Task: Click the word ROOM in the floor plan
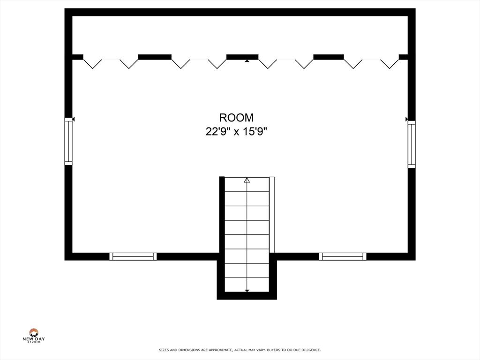point(236,118)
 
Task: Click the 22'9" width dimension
point(218,132)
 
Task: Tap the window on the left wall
point(68,141)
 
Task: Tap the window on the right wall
point(412,144)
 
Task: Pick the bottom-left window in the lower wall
point(133,256)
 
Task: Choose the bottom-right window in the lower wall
point(343,256)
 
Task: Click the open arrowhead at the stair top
point(247,180)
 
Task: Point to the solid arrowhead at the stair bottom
point(247,291)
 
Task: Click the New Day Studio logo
point(34,336)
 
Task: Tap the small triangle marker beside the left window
point(74,119)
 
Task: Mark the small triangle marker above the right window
point(406,119)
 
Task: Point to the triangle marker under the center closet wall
point(247,61)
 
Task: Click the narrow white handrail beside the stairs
point(272,215)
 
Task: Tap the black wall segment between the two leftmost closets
point(155,57)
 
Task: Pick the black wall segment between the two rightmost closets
point(329,57)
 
